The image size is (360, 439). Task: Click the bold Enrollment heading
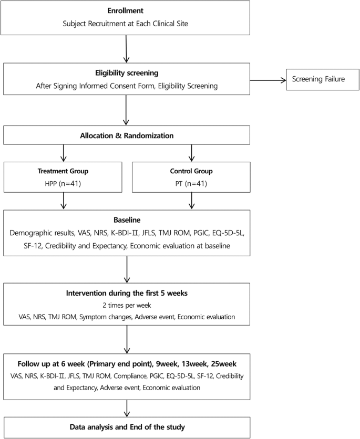pyautogui.click(x=125, y=11)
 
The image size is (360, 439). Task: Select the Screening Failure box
pyautogui.click(x=323, y=79)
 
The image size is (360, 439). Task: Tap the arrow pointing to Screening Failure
pyautogui.click(x=268, y=80)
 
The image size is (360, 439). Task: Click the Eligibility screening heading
pyautogui.click(x=127, y=73)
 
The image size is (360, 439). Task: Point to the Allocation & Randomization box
pyautogui.click(x=127, y=135)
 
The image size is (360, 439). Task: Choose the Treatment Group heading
pyautogui.click(x=63, y=171)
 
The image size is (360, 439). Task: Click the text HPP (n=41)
pyautogui.click(x=63, y=184)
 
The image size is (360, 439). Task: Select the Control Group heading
pyautogui.click(x=191, y=171)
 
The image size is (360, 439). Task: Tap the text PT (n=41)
pyautogui.click(x=191, y=184)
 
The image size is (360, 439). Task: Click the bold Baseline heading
pyautogui.click(x=127, y=220)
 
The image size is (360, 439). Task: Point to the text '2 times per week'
pyautogui.click(x=127, y=305)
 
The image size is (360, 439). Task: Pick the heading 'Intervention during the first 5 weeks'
pyautogui.click(x=127, y=293)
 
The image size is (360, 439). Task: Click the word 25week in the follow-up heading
pyautogui.click(x=223, y=364)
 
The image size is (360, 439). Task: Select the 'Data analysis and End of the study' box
pyautogui.click(x=127, y=427)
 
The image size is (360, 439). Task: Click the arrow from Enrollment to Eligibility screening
pyautogui.click(x=126, y=49)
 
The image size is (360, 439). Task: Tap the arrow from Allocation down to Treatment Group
pyautogui.click(x=64, y=153)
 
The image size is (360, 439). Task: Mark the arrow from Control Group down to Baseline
pyautogui.click(x=192, y=201)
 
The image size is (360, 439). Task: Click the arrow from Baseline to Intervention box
pyautogui.click(x=127, y=269)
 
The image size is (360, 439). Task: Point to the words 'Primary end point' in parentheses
pyautogui.click(x=120, y=364)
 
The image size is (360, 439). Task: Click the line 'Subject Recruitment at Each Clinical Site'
pyautogui.click(x=125, y=24)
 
